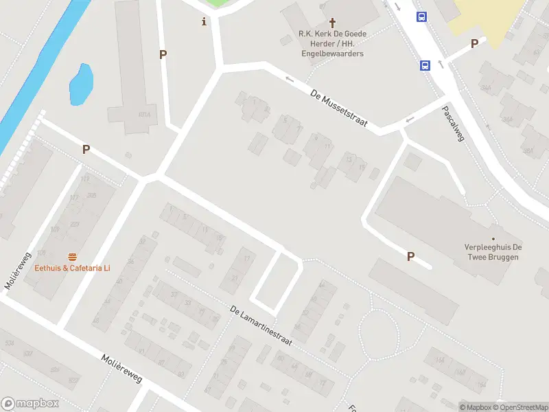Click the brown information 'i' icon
[204, 22]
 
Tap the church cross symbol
[333, 23]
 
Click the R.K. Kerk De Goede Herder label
[331, 43]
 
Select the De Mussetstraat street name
[339, 108]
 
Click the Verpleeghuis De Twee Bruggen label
[493, 251]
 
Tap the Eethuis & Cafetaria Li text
[72, 268]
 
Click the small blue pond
[81, 84]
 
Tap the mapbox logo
[30, 404]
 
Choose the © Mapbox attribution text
[476, 407]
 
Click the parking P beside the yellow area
[474, 44]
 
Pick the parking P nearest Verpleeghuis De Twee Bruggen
[410, 256]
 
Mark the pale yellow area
[487, 14]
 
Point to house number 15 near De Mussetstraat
[361, 167]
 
